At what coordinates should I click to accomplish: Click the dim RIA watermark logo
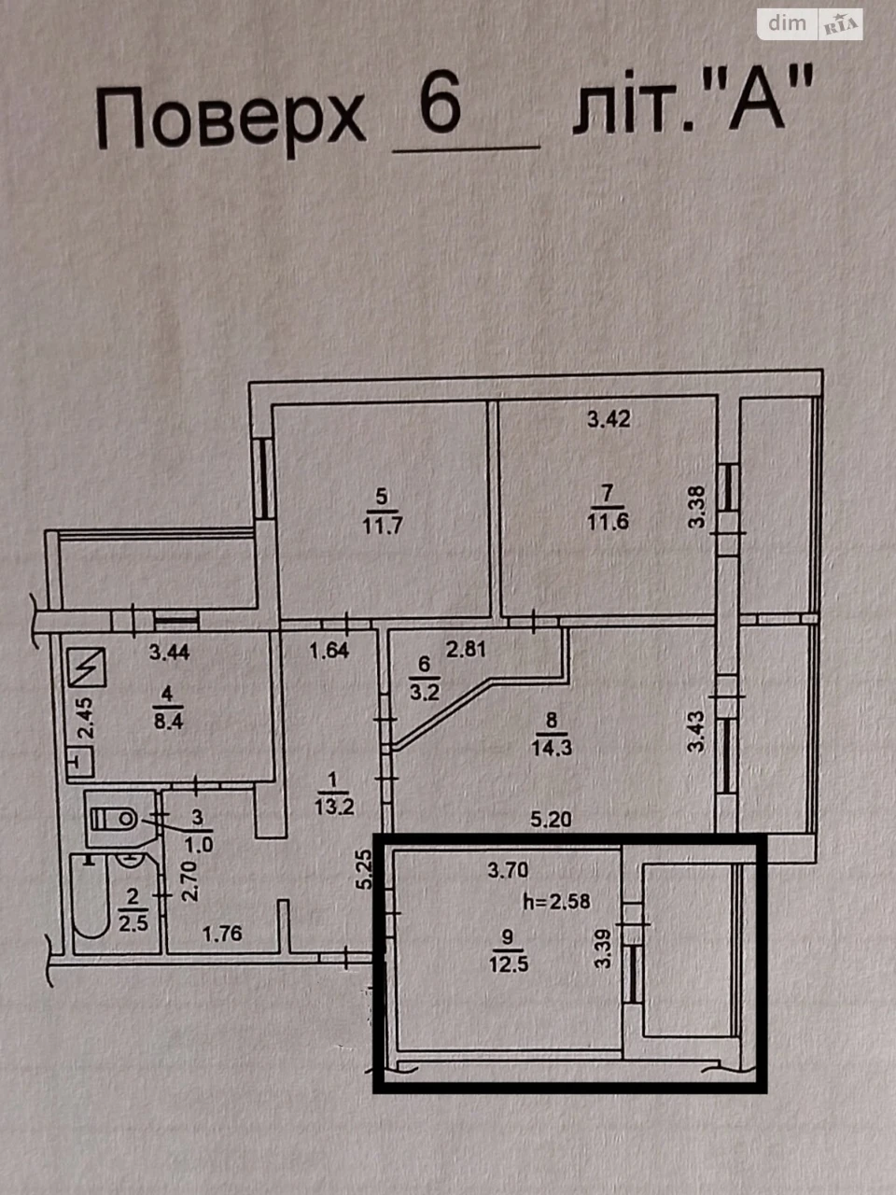point(809,24)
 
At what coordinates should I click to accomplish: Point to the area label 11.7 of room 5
point(382,526)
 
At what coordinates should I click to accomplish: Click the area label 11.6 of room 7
point(608,522)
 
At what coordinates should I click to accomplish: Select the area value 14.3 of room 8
point(551,748)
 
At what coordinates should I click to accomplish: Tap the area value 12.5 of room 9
point(509,964)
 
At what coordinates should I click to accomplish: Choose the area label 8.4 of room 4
point(168,722)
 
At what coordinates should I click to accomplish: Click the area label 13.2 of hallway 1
point(334,807)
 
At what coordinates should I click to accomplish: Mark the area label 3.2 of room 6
point(425,693)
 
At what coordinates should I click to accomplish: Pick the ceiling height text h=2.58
point(556,902)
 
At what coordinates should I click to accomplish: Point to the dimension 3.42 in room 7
point(609,419)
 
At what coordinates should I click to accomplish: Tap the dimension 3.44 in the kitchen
point(169,652)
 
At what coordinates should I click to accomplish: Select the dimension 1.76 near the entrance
point(222,934)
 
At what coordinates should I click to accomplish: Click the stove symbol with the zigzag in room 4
point(87,667)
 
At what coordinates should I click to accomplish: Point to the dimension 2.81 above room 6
point(466,650)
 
